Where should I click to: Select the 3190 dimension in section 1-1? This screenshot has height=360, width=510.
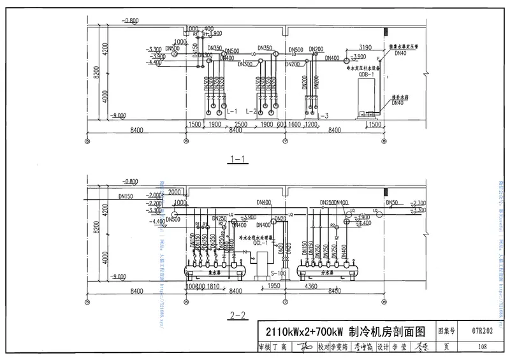click(365, 48)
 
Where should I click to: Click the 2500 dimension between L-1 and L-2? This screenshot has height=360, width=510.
click(241, 124)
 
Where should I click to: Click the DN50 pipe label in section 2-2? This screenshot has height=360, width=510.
click(391, 202)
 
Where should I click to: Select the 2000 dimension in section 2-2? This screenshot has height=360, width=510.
click(175, 192)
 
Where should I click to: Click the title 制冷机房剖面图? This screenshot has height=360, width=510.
click(382, 331)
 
